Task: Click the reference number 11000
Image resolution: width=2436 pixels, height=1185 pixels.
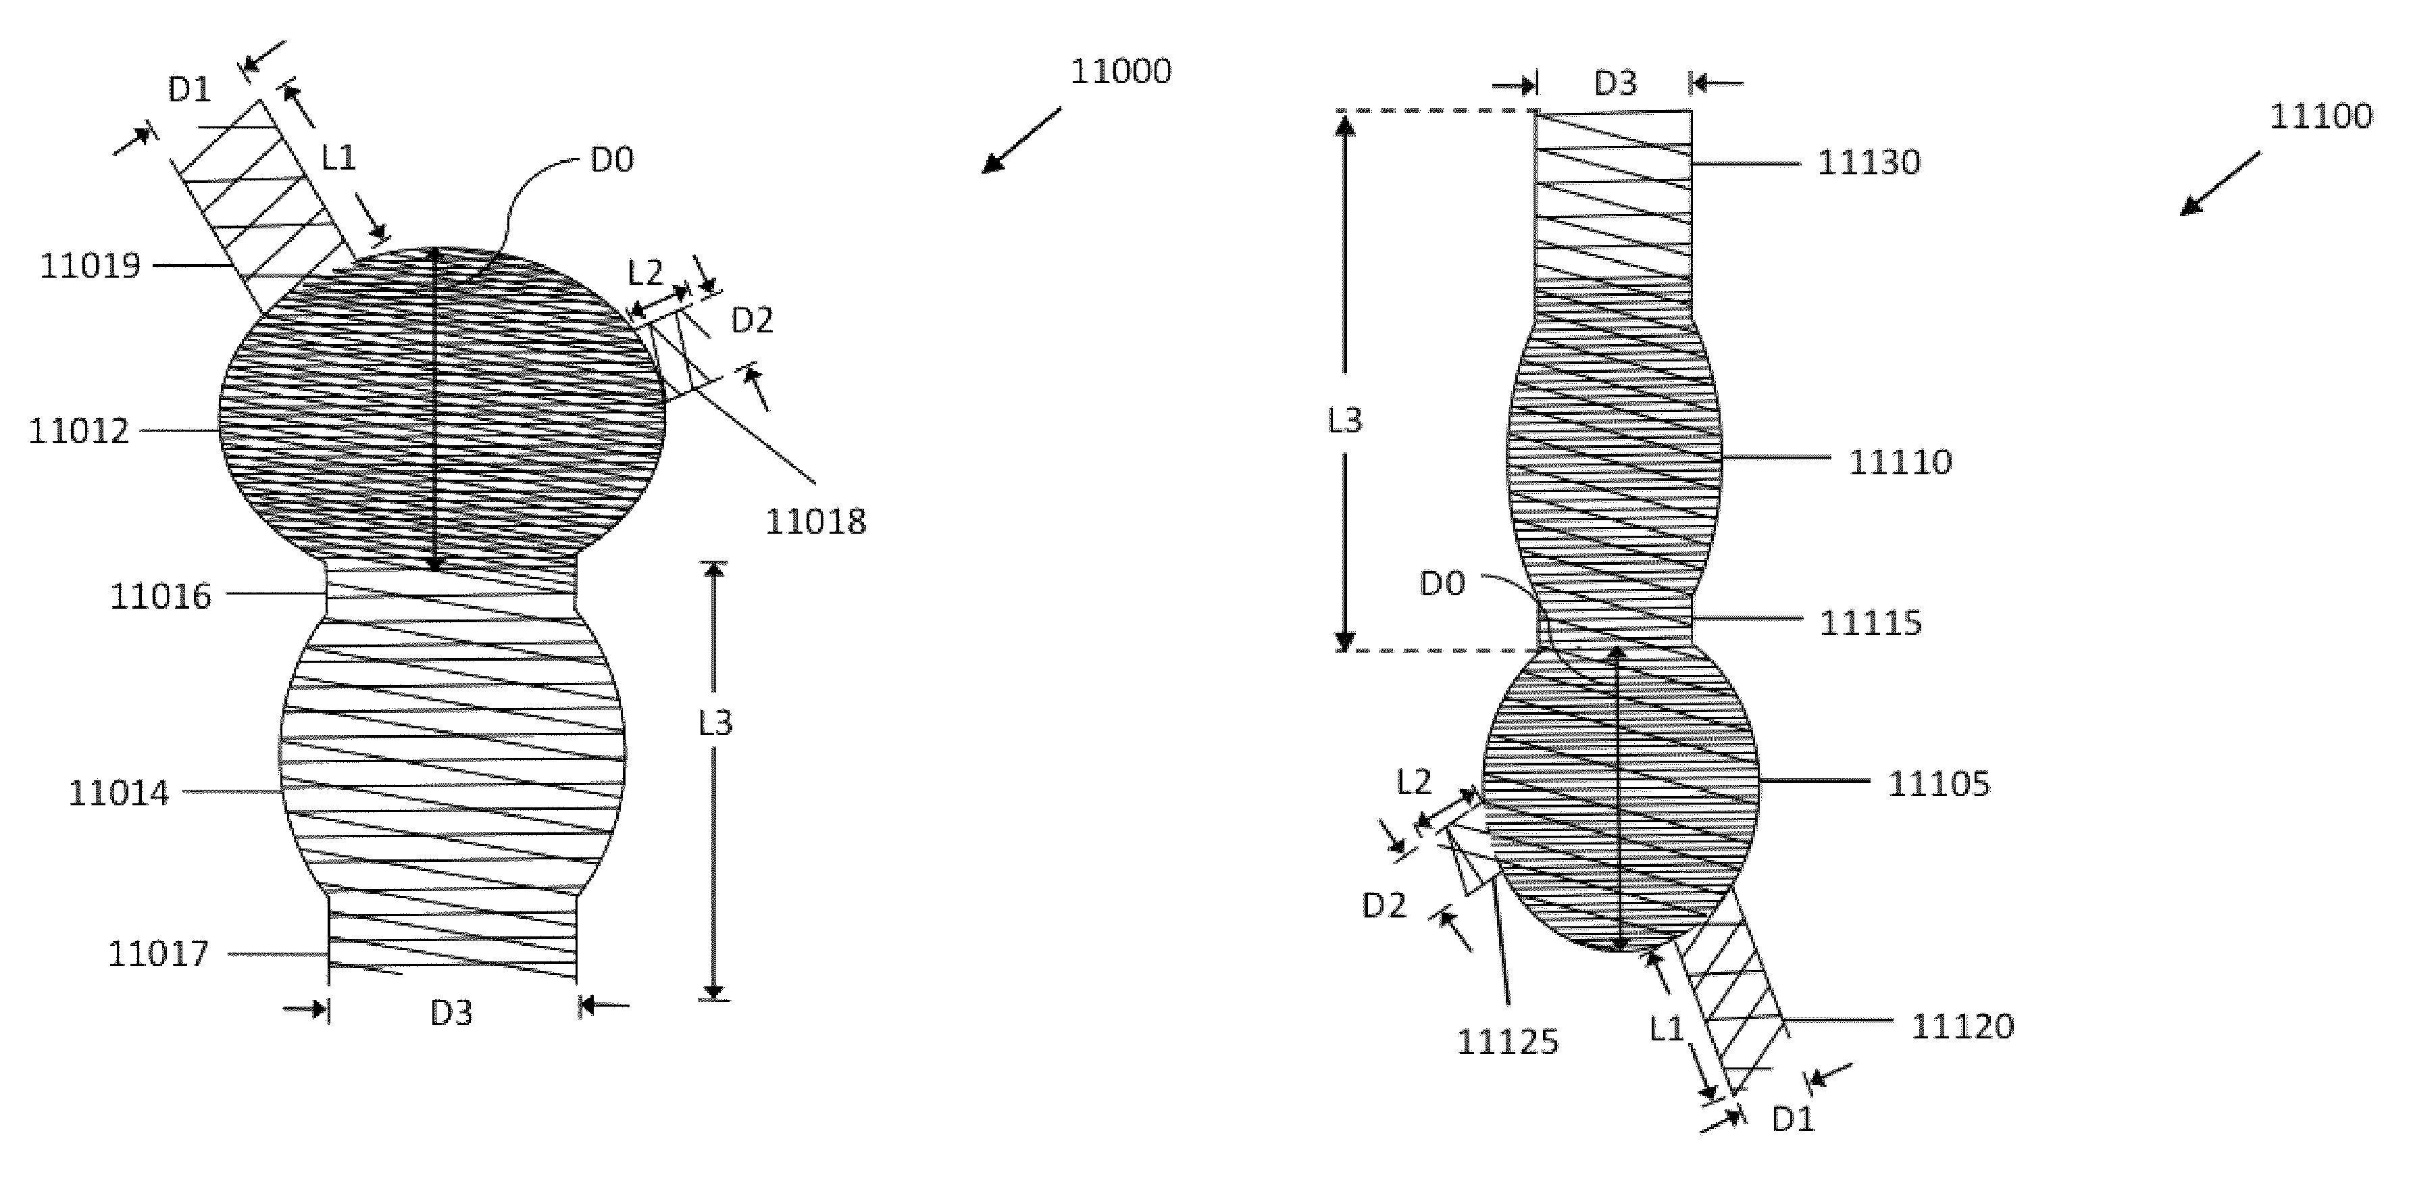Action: pyautogui.click(x=1121, y=71)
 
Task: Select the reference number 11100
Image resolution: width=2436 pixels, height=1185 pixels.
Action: pyautogui.click(x=2320, y=116)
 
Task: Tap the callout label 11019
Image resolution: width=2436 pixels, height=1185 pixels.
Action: pyautogui.click(x=90, y=266)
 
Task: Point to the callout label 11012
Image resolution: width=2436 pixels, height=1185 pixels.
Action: pyautogui.click(x=78, y=431)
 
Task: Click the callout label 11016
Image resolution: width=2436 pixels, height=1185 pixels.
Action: pyautogui.click(x=161, y=597)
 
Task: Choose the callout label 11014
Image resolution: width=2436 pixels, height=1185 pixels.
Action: pyautogui.click(x=118, y=792)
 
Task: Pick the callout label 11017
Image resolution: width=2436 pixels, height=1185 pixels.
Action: pyautogui.click(x=158, y=953)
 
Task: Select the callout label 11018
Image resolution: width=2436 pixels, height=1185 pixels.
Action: pyautogui.click(x=815, y=521)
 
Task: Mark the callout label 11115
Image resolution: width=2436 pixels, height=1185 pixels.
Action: pyautogui.click(x=1871, y=623)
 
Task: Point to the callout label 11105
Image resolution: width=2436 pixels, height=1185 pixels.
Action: pyautogui.click(x=1939, y=784)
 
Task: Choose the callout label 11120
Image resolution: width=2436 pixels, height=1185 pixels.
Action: pyautogui.click(x=1962, y=1026)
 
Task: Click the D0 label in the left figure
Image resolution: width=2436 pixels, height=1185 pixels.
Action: pyautogui.click(x=612, y=161)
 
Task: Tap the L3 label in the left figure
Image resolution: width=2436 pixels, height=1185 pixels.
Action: pyautogui.click(x=716, y=724)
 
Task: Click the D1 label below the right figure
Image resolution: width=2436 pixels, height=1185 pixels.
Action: pyautogui.click(x=1793, y=1119)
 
